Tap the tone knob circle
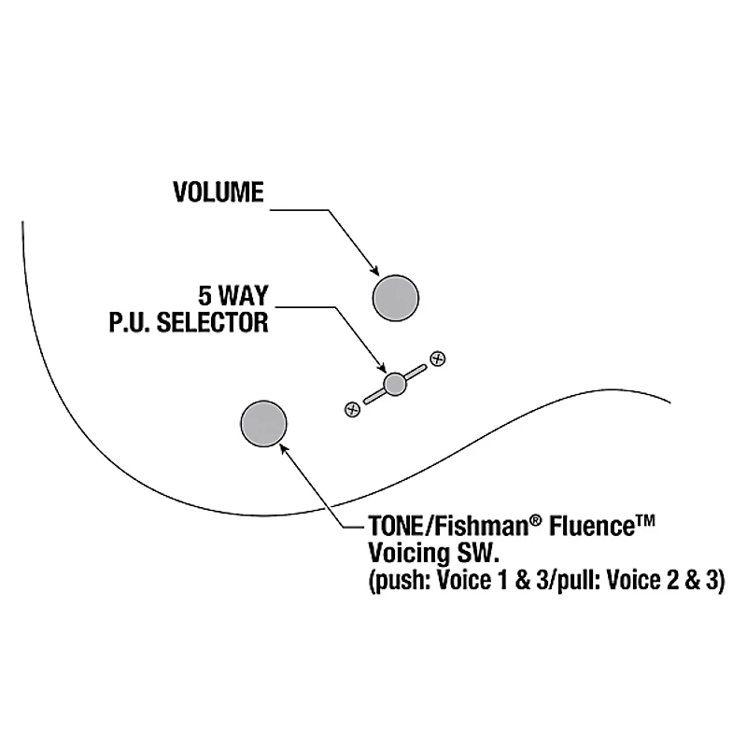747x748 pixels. pos(263,422)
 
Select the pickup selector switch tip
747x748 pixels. pos(395,383)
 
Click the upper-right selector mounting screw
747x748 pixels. pos(437,358)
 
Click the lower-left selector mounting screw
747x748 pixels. pos(352,408)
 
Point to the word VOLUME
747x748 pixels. pos(218,192)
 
